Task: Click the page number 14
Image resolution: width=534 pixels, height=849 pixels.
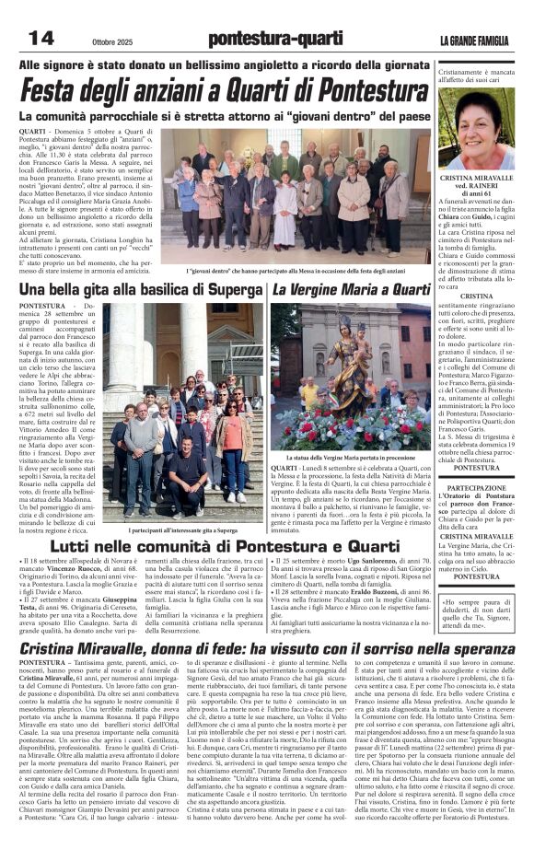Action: (x=41, y=38)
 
